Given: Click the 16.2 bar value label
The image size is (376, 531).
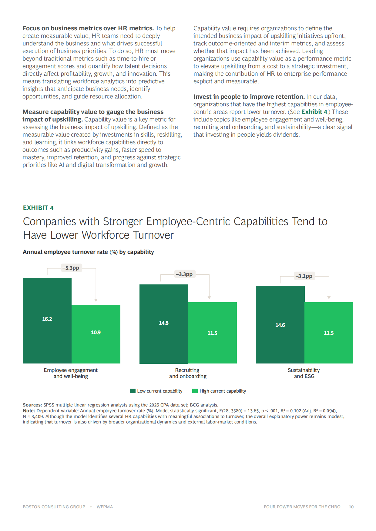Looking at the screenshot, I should tap(47, 319).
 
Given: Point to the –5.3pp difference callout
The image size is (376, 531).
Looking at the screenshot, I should tap(71, 268).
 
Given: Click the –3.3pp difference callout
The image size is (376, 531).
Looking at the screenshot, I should tap(184, 274).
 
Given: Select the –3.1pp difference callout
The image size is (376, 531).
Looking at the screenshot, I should tap(304, 276).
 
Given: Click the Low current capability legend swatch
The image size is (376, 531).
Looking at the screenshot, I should tap(133, 391).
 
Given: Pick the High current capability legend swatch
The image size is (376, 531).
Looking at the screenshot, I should tap(195, 391).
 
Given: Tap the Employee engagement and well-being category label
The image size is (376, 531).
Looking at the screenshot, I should tap(71, 373).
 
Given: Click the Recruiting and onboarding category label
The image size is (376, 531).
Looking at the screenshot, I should tap(188, 373).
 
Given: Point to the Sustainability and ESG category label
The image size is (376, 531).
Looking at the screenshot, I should tap(304, 373).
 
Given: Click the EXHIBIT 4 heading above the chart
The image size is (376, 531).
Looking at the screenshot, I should tap(38, 208).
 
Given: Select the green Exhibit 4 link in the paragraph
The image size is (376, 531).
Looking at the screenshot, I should tap(314, 112).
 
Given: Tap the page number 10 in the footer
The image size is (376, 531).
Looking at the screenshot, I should tap(351, 507).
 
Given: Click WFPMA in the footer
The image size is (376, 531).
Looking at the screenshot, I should tap(105, 507).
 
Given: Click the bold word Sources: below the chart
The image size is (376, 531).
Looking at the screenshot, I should tap(32, 405).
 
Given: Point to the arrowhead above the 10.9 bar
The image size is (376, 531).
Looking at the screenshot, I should tap(96, 300).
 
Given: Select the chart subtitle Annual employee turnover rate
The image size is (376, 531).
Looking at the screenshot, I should tap(88, 252).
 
